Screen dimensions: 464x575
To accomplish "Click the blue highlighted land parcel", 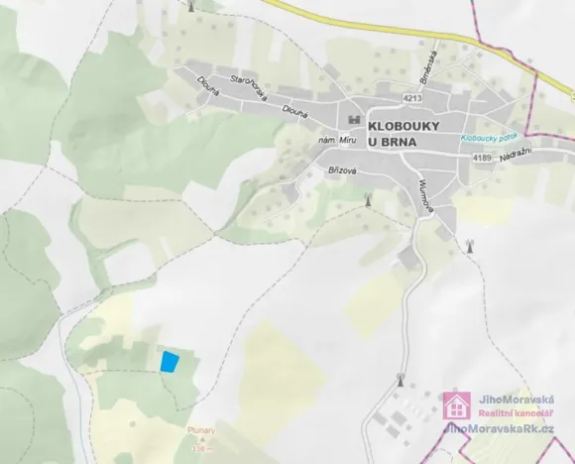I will click(x=170, y=361).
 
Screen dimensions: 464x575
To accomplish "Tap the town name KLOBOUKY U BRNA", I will click(x=403, y=134).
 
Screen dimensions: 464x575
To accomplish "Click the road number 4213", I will click(x=413, y=98).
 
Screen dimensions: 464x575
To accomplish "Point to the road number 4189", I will click(x=483, y=158).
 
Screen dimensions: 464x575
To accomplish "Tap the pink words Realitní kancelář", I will click(x=515, y=411).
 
